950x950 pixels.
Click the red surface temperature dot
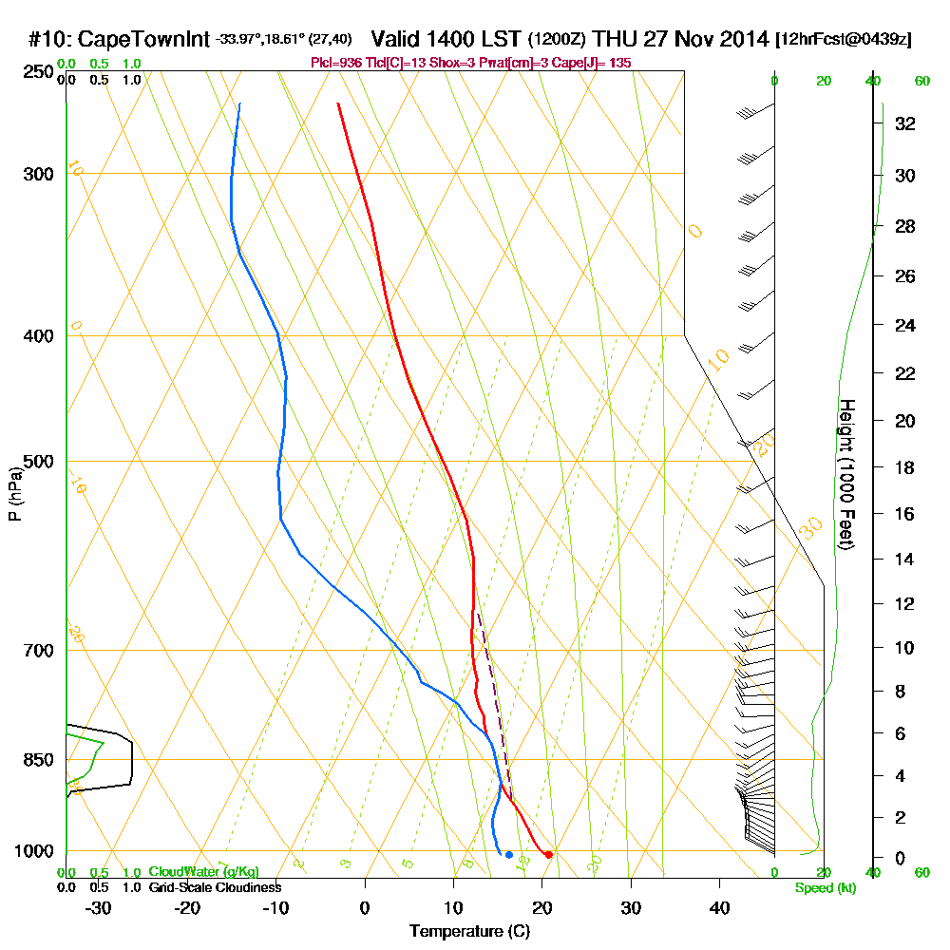click(549, 855)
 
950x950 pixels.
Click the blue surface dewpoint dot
click(509, 855)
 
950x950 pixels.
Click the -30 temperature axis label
click(98, 907)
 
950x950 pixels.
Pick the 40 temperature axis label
click(719, 907)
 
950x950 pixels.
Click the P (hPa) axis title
click(15, 494)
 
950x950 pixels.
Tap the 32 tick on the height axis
click(904, 123)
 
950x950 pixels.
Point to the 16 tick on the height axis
click(904, 514)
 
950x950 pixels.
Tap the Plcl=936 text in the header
click(334, 62)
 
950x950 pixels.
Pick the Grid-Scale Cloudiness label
click(215, 886)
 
